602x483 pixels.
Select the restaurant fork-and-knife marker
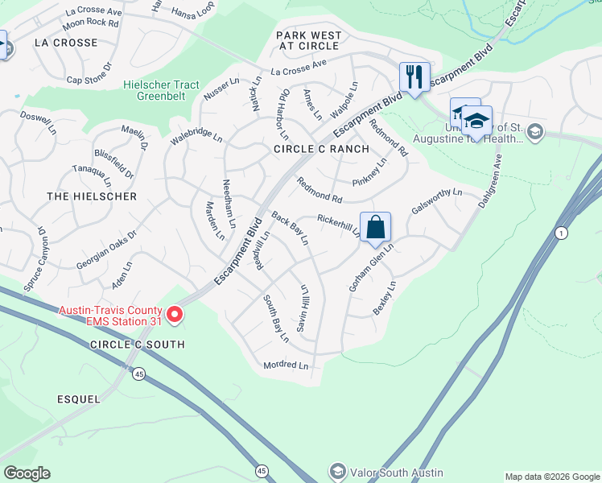[414, 78]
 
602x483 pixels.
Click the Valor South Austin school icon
[339, 471]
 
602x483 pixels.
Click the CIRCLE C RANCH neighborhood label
[321, 149]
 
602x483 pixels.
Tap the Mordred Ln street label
[286, 365]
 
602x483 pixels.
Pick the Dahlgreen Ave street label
[493, 182]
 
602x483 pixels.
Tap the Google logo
[27, 473]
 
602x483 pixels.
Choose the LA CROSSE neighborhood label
[66, 43]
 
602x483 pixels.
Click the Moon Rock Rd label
[90, 23]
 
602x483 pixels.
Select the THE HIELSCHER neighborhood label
[92, 196]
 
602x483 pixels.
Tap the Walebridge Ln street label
[196, 134]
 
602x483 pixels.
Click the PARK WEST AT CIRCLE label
[309, 41]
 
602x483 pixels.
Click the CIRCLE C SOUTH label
[138, 345]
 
